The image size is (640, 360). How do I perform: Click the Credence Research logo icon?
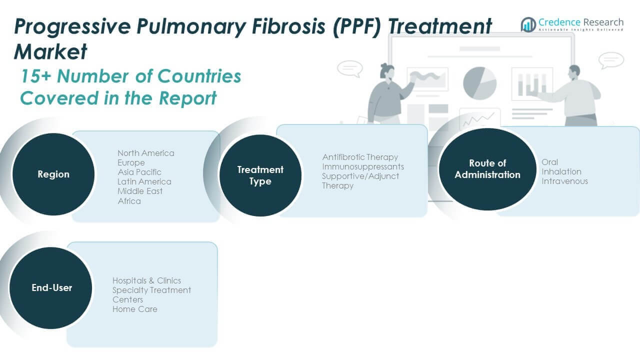click(528, 24)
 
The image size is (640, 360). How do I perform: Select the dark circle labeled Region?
click(53, 174)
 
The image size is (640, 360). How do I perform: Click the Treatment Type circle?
click(260, 175)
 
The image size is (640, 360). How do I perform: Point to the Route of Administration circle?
click(487, 169)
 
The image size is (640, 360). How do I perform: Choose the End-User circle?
click(51, 287)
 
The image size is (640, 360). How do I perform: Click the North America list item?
click(146, 153)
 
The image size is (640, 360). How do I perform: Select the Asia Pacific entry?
click(139, 172)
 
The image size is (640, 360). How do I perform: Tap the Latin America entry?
click(144, 181)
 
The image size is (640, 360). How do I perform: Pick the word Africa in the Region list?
click(129, 201)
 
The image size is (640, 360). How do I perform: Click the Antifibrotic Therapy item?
click(360, 157)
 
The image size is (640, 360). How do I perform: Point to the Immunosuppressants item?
click(363, 166)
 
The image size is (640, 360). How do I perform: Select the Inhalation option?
click(561, 171)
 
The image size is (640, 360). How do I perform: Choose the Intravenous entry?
click(565, 181)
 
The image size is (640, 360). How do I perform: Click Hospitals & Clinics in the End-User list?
click(147, 280)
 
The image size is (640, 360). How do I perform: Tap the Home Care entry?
click(135, 309)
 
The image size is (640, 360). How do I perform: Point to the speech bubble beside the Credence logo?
click(611, 60)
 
